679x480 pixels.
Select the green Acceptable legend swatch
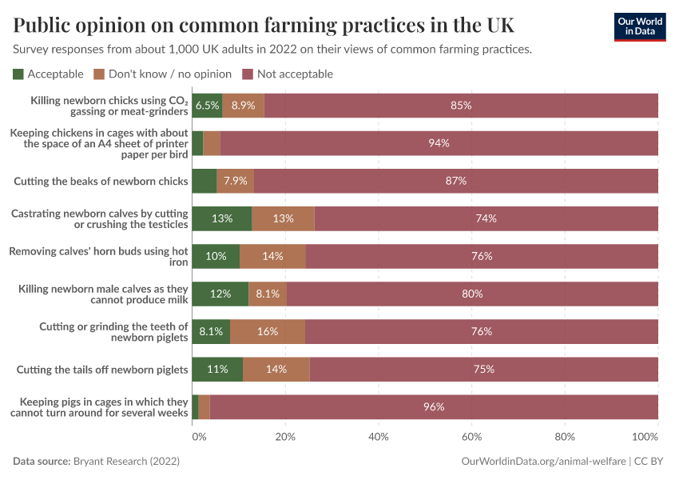coord(18,74)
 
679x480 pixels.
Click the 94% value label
coord(439,143)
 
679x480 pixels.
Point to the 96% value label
coord(434,406)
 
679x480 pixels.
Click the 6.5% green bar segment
coord(207,106)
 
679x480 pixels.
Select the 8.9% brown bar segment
coord(243,106)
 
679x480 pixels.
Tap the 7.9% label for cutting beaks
coord(235,181)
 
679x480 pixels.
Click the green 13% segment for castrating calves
coord(222,218)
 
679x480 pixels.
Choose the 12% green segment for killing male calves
coord(220,294)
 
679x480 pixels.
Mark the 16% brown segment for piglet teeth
coord(267,331)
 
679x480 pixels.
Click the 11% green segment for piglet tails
coord(217,369)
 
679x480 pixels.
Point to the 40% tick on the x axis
coord(379,438)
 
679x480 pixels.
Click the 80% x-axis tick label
coord(565,438)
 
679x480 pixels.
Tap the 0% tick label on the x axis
coord(199,438)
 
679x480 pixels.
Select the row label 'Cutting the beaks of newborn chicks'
coord(101,181)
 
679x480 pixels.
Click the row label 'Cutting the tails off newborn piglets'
coord(101,369)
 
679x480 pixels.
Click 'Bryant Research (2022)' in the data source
coord(126,462)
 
